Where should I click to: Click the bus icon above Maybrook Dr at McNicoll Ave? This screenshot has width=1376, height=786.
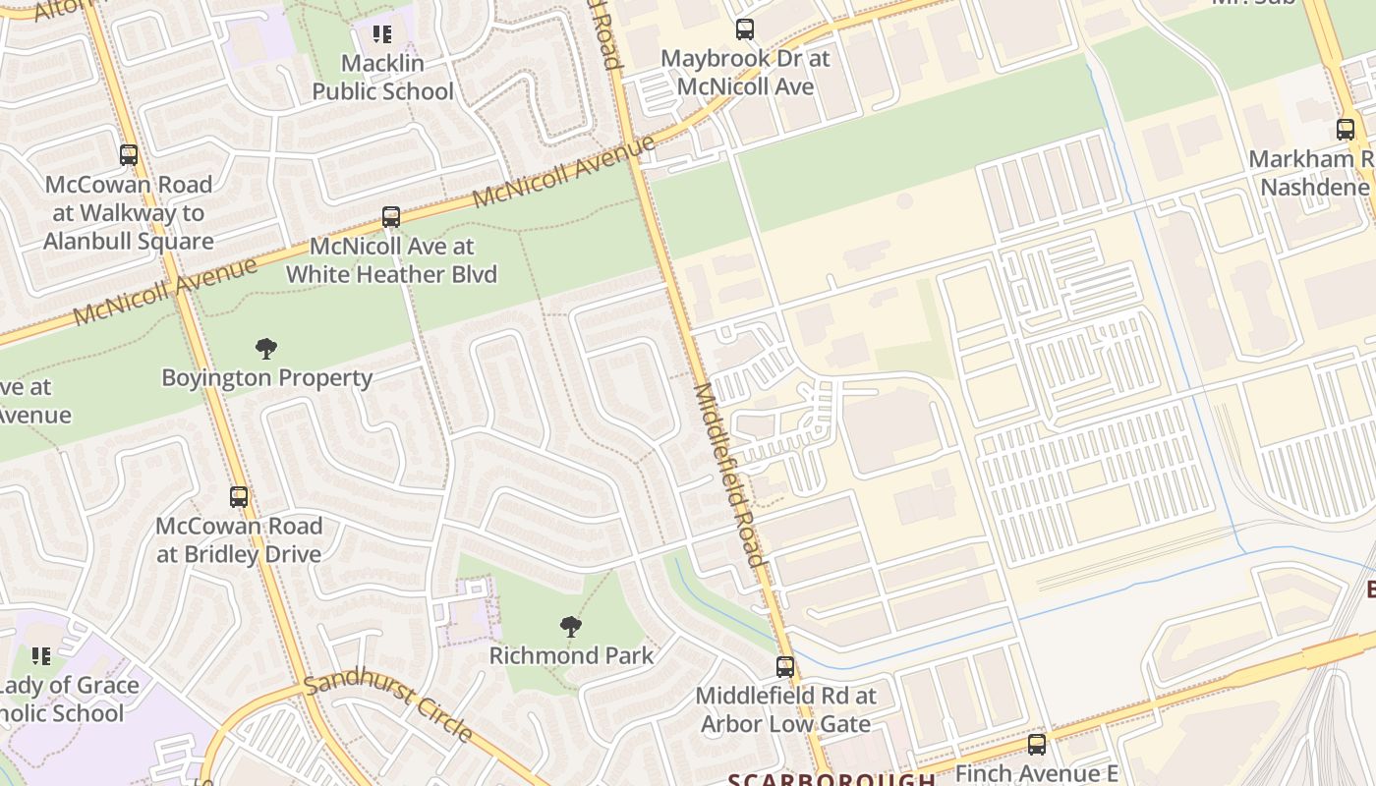coord(745,29)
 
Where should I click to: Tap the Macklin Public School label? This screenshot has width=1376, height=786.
coord(382,78)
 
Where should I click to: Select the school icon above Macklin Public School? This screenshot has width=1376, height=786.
coord(382,35)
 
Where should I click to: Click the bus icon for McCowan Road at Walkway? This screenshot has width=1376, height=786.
coord(129,155)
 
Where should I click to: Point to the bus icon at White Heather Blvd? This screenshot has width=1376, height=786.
coord(391,217)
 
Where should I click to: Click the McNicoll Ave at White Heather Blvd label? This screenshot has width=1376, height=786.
coord(391,260)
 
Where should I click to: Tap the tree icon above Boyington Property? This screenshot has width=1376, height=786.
coord(265,348)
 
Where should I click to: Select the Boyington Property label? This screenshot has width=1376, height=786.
coord(266,378)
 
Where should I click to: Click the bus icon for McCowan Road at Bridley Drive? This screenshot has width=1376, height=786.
coord(239,497)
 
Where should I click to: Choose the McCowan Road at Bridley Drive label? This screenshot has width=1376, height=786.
coord(239,540)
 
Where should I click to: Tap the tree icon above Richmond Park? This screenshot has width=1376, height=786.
coord(570,627)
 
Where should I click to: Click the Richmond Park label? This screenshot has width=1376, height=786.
coord(571,655)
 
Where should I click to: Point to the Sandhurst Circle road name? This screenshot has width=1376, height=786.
coord(388,706)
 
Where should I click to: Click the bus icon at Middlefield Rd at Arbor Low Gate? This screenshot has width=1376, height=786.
coord(785,667)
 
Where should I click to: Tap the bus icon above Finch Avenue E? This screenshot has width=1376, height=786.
coord(1037,745)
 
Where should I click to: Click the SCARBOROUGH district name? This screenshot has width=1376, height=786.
coord(831,779)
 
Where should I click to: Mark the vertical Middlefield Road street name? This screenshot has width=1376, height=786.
coord(728,475)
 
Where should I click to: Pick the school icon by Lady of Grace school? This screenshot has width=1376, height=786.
coord(40,656)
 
